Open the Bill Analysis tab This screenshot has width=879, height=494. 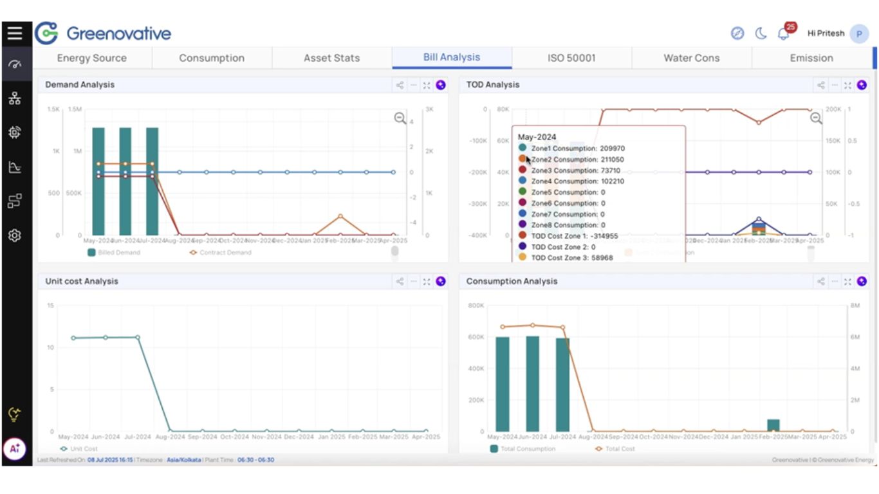(452, 57)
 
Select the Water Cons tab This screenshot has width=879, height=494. (691, 58)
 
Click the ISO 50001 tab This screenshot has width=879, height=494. (571, 58)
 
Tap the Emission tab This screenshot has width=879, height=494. (811, 58)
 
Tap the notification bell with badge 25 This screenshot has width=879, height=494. (784, 33)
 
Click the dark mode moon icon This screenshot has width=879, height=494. (761, 33)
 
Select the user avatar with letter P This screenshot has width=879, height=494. (859, 33)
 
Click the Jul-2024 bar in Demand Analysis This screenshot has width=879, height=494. (153, 181)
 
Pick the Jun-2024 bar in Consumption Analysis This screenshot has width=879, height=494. (532, 383)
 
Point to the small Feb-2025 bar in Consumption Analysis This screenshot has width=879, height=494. (773, 425)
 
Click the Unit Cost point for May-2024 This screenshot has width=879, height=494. (73, 338)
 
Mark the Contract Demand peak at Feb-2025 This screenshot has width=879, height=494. (340, 216)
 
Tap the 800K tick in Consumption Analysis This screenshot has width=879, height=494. (476, 306)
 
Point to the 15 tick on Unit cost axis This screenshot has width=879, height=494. (50, 305)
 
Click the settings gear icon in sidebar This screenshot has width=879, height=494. (15, 235)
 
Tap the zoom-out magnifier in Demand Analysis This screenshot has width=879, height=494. (400, 118)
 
